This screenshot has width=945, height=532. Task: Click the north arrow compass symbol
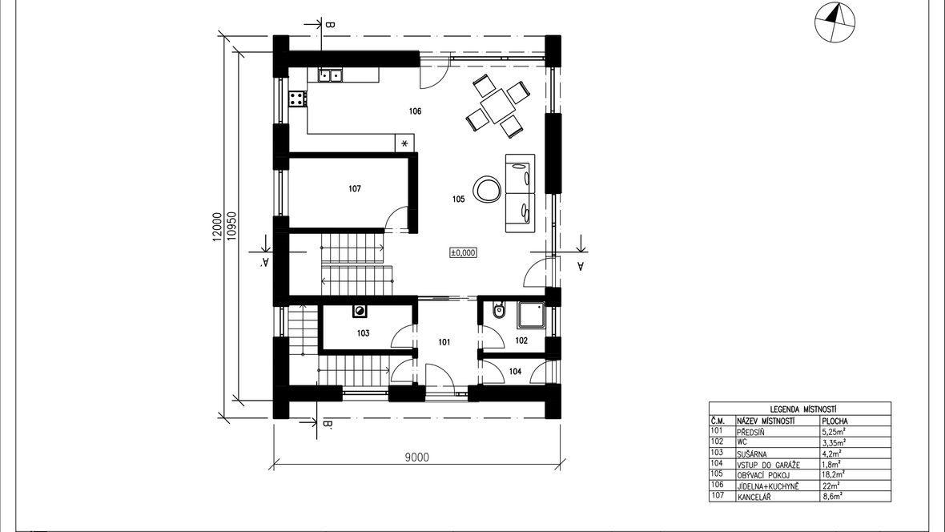[x=834, y=22]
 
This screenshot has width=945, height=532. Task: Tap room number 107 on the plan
[x=355, y=189]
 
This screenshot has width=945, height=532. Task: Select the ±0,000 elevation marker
[x=463, y=252]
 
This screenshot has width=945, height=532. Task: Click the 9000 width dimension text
[x=416, y=457]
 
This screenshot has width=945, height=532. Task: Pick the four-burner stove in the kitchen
[x=296, y=99]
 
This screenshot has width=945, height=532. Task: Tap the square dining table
[x=498, y=106]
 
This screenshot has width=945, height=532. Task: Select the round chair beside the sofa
[x=487, y=189]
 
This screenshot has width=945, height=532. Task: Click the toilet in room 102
[x=498, y=310]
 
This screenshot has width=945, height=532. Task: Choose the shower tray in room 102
[x=531, y=315]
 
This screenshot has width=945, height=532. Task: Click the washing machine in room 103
[x=360, y=311]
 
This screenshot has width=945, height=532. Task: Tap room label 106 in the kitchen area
[x=415, y=111]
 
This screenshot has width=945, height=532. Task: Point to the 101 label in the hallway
[x=444, y=342]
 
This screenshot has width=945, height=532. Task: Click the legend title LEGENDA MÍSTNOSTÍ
[x=799, y=409]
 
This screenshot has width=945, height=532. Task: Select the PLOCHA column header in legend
[x=834, y=421]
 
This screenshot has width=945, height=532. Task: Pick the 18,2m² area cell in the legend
[x=832, y=474]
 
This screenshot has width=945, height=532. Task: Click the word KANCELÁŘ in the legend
[x=754, y=497]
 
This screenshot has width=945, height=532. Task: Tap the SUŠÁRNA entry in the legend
[x=752, y=453]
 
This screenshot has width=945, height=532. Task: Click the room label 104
[x=515, y=372]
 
